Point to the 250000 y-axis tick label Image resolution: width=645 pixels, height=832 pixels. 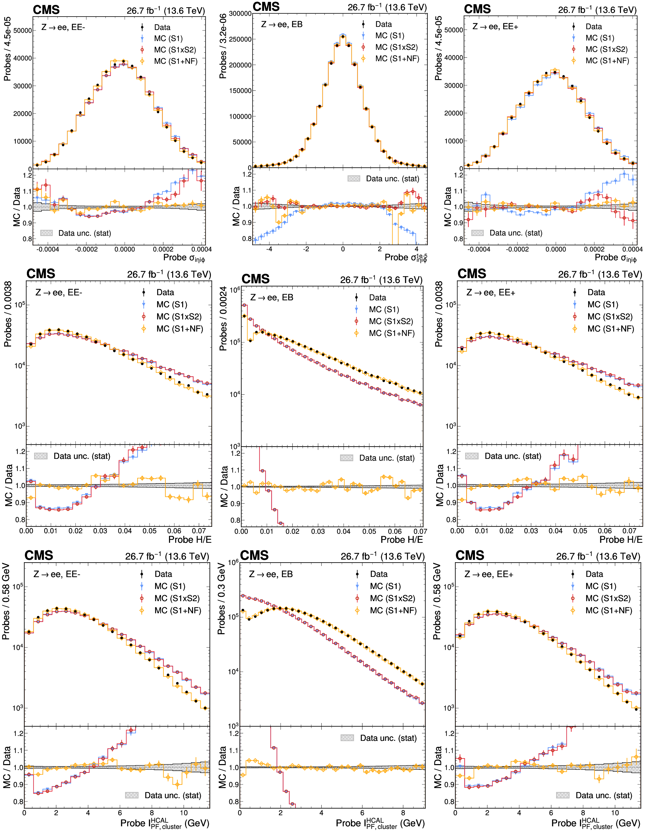coord(240,39)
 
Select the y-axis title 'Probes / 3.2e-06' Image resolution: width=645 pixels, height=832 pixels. coord(223,46)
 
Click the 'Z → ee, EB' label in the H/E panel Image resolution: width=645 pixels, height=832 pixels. coord(272,297)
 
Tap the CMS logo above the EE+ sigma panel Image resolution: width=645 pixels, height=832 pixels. coord(477,9)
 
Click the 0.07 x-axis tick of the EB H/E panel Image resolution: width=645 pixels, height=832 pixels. coord(420,531)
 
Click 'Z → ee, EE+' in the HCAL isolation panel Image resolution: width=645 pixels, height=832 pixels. coord(489,574)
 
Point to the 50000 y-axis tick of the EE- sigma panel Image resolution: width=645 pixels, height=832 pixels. coord(23,30)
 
